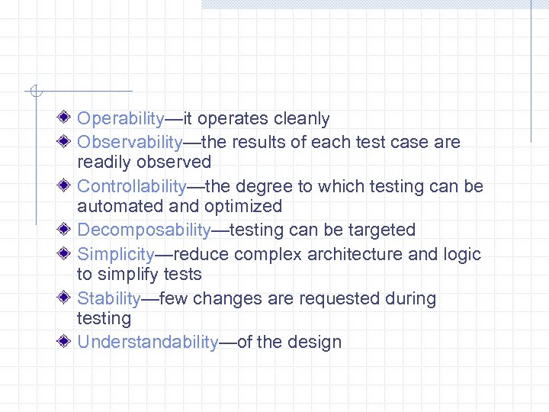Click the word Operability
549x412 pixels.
coord(120,119)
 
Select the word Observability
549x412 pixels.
coord(130,142)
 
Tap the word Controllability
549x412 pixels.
coord(131,186)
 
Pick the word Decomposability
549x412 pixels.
coord(143,230)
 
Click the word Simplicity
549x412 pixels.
coord(116,254)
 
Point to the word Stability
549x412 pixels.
coord(109,298)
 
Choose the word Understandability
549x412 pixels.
coord(148,342)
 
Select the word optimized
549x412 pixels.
coord(243,206)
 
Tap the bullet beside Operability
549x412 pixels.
coord(66,117)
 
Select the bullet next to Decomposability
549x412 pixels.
coord(66,229)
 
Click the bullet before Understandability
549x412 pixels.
coord(66,341)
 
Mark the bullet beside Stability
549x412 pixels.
coord(66,298)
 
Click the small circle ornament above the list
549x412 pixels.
coord(34,92)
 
